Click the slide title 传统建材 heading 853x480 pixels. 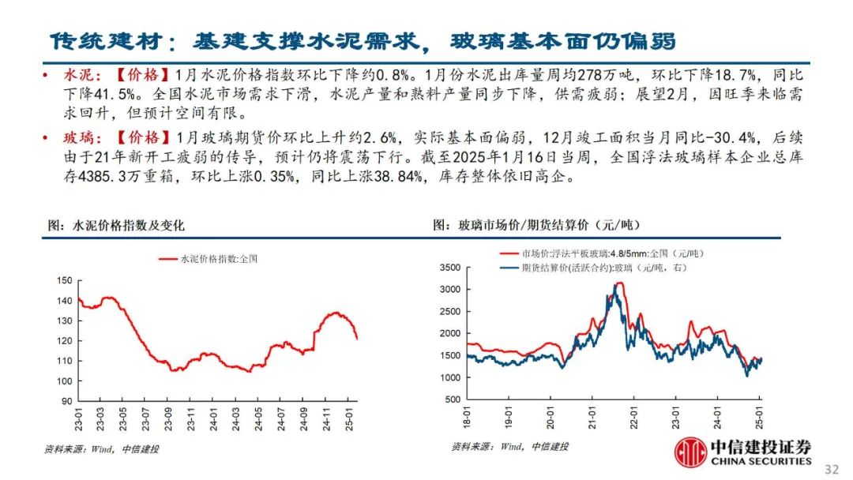pos(363,40)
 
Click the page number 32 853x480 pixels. pos(831,469)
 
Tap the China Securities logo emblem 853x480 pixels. pos(690,452)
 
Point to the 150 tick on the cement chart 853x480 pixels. pos(65,280)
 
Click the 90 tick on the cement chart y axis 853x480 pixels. pos(67,401)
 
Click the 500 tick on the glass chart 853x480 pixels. pos(453,399)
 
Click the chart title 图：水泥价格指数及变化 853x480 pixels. pos(116,226)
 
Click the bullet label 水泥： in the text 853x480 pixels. pos(81,76)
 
